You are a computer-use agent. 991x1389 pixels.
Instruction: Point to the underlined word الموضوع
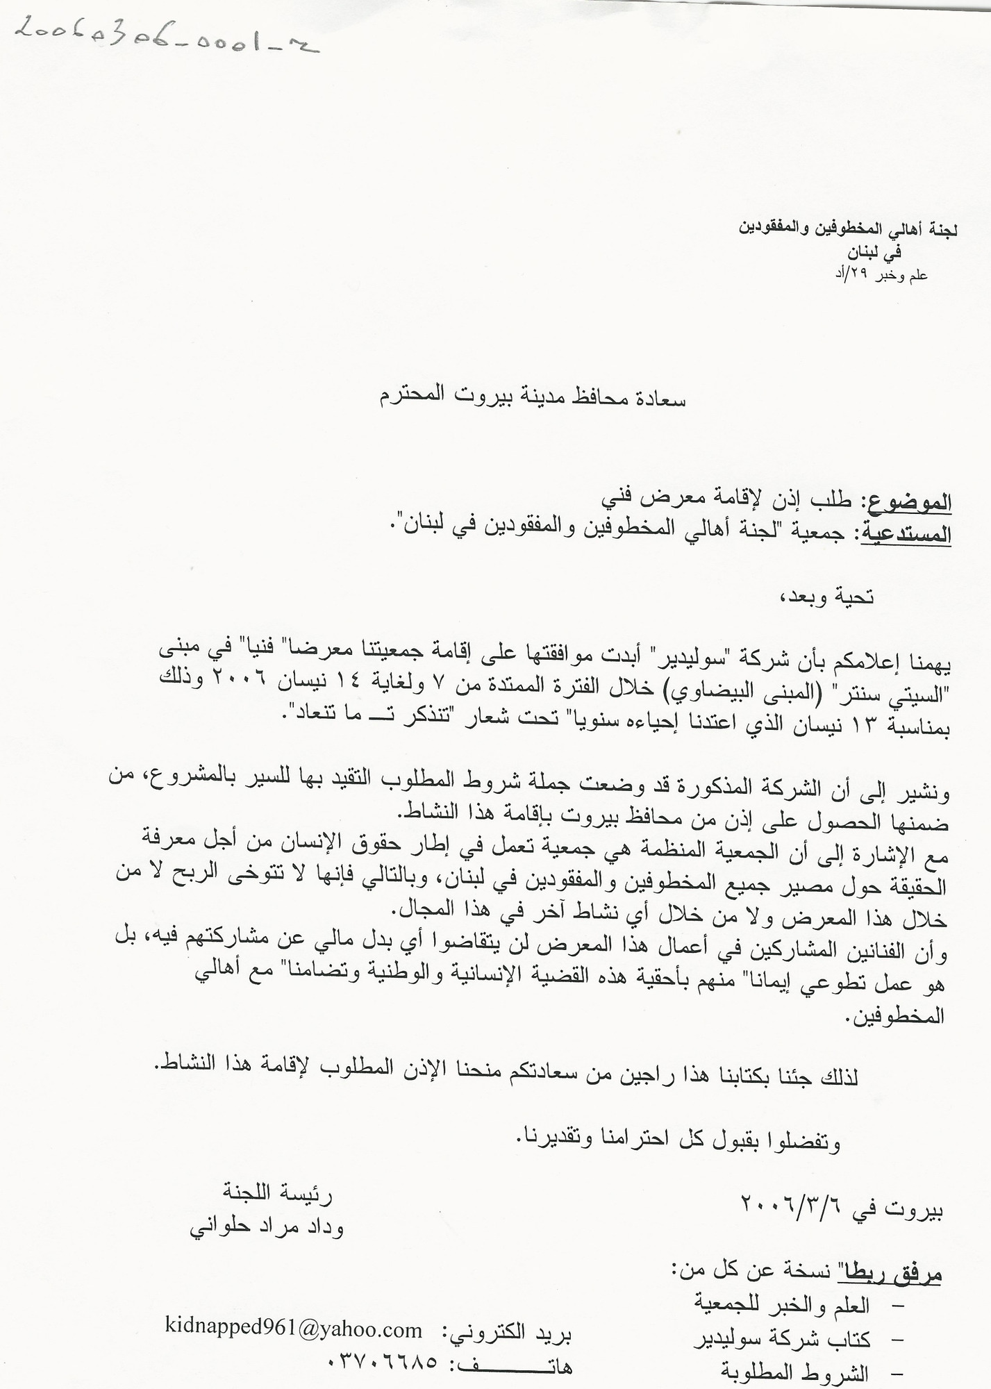tap(906, 501)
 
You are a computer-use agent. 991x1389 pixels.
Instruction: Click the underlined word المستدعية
tap(906, 533)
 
